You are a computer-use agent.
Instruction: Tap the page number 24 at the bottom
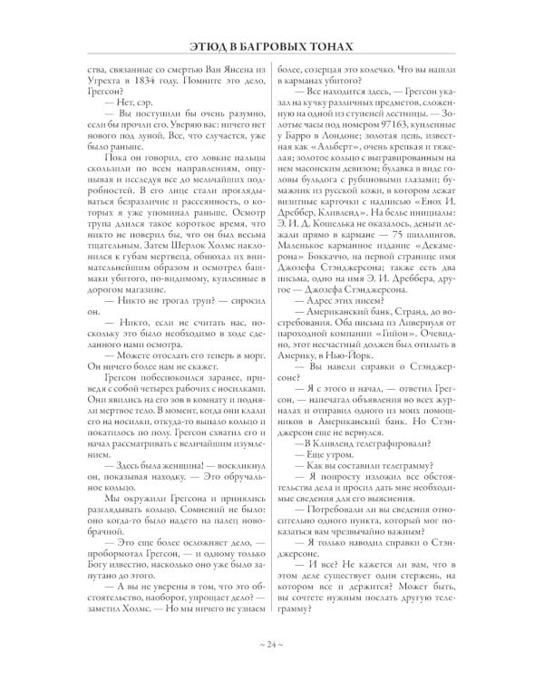pyautogui.click(x=272, y=645)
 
